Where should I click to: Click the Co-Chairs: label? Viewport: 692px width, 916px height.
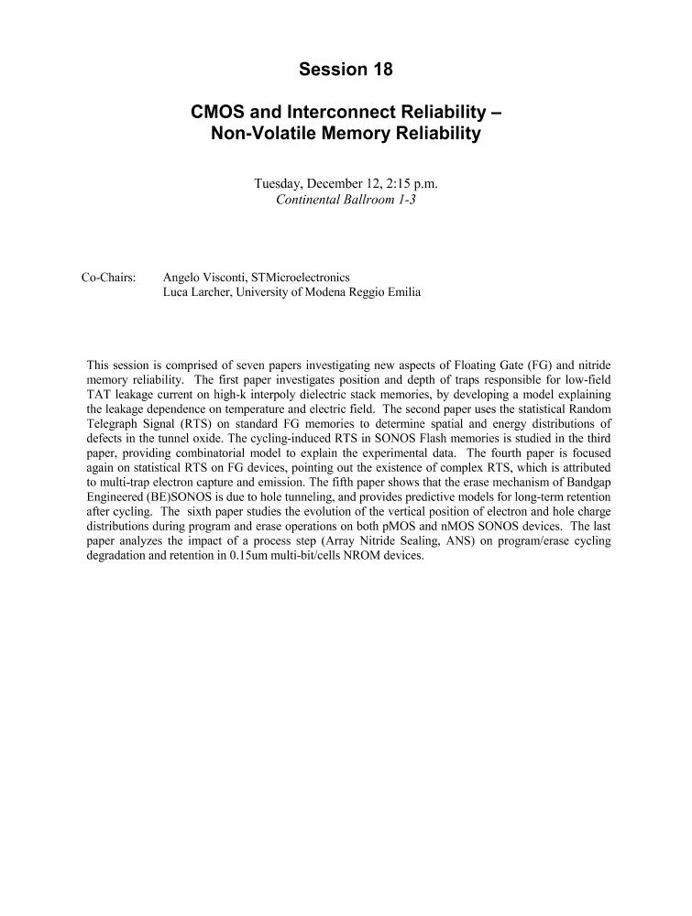coord(109,277)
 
